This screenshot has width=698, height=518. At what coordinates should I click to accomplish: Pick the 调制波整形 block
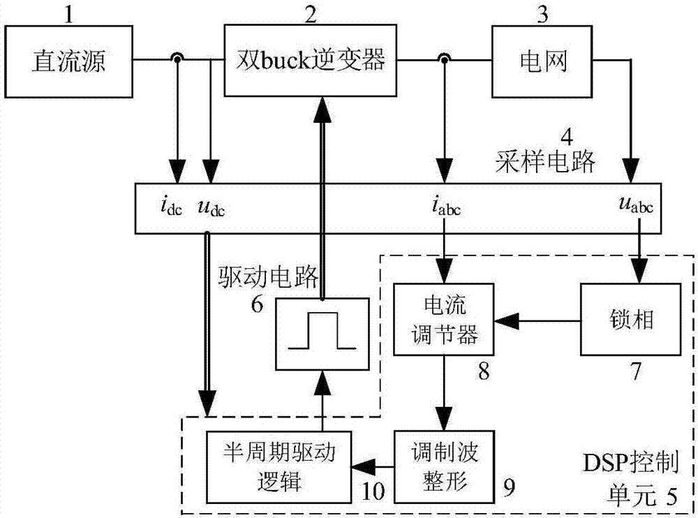tap(443, 464)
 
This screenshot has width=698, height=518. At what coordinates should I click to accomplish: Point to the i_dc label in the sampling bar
tap(170, 208)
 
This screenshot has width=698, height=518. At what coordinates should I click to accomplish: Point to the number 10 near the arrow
tap(372, 490)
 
